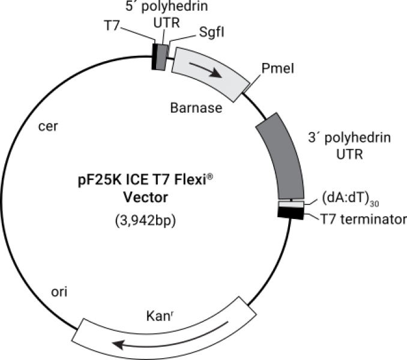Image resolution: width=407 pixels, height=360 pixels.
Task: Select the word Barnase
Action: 196,109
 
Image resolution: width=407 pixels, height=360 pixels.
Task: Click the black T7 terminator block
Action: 291,212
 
